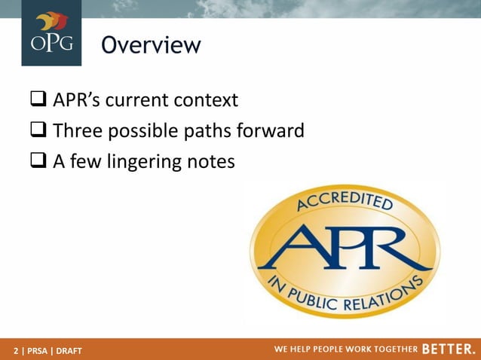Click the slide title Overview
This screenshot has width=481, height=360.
click(152, 46)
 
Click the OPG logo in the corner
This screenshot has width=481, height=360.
click(51, 33)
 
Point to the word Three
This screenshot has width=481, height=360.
click(80, 131)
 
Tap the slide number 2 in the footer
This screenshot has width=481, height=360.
click(16, 351)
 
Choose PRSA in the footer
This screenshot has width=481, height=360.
click(38, 351)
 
